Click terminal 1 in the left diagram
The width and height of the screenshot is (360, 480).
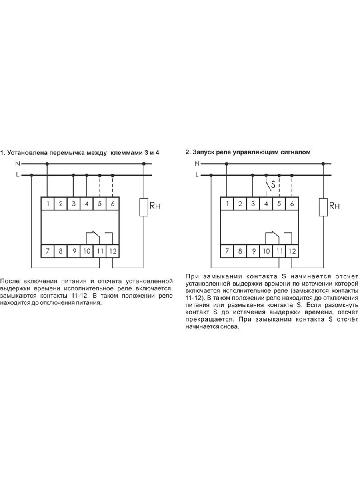[x=48, y=204]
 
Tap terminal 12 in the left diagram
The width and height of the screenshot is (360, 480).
[x=113, y=252]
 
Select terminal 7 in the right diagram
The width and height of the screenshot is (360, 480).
[x=227, y=252]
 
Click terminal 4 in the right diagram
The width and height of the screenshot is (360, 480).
[x=266, y=204]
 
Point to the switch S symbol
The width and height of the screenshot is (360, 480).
[x=269, y=184]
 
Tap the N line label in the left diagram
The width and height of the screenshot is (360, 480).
[x=17, y=164]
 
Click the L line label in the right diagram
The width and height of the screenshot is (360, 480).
[x=197, y=175]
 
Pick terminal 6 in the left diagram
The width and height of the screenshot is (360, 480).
[x=113, y=204]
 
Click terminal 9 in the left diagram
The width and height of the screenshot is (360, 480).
[x=74, y=252]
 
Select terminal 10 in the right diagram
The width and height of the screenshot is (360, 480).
[x=266, y=252]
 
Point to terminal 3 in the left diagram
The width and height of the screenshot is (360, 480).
[x=74, y=204]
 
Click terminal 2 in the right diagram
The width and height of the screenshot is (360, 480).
[x=240, y=204]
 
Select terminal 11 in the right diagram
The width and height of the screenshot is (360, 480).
[x=279, y=252]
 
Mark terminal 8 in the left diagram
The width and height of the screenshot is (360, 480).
[x=60, y=252]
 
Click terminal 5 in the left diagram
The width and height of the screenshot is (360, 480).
[x=100, y=204]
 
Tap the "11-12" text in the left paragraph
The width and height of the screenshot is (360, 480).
[x=78, y=296]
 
